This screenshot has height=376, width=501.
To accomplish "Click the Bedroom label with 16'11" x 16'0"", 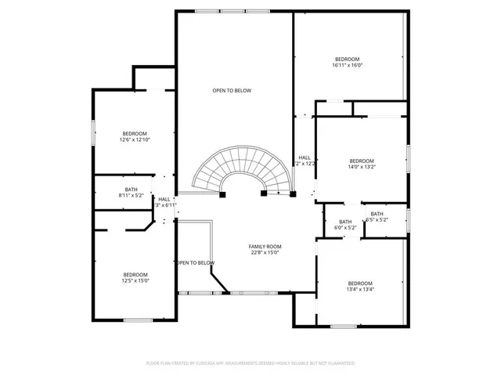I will (347, 60).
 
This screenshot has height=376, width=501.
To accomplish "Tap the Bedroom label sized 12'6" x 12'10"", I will (135, 133).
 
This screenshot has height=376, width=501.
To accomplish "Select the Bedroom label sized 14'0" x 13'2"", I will (362, 161).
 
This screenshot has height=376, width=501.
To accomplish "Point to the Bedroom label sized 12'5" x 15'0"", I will (135, 274).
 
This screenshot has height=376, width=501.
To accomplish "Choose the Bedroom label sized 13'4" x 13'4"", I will (360, 283).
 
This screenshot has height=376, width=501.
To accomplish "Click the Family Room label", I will (265, 246).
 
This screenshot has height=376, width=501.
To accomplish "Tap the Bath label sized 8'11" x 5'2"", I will (131, 189).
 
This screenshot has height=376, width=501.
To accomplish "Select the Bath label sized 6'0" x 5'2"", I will (345, 222).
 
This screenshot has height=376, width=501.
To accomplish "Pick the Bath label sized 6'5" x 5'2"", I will (377, 215).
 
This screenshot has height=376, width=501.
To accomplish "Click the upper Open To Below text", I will (232, 91).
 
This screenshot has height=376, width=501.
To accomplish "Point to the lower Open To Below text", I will (195, 262).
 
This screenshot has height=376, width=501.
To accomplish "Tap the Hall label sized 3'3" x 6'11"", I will (164, 199).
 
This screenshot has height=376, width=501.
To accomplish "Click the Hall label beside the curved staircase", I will (305, 157).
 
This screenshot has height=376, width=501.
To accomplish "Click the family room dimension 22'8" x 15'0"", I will (265, 252).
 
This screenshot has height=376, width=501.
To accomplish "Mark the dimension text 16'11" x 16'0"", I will (347, 66).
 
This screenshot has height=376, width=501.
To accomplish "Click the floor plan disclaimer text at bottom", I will (250, 363).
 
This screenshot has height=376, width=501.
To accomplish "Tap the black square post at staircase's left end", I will (223, 193).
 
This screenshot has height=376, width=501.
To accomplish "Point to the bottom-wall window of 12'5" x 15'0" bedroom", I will (138, 319).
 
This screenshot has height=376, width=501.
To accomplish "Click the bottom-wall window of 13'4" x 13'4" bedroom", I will (343, 325).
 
